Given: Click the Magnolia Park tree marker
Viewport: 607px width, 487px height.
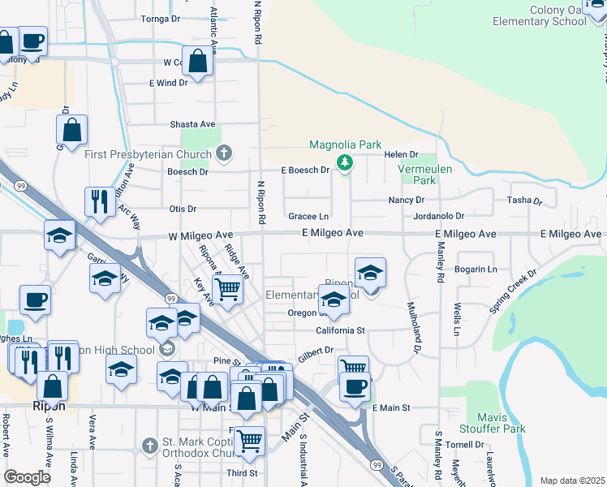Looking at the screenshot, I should click(x=345, y=163).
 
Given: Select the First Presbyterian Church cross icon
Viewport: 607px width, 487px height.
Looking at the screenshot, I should click(x=225, y=153).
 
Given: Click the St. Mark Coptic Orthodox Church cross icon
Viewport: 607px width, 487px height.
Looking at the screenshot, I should click(x=149, y=446).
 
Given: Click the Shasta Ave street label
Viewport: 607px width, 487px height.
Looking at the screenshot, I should click(x=192, y=124).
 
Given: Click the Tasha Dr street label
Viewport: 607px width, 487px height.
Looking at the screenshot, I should click(x=523, y=200).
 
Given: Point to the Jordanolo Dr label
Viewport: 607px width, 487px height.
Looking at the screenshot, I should click(x=437, y=217).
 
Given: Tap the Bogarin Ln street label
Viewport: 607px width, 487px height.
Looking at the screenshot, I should click(x=476, y=269).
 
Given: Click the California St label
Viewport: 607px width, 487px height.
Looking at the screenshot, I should click(x=341, y=330).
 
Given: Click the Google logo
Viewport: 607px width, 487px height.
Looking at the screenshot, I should click(x=27, y=477).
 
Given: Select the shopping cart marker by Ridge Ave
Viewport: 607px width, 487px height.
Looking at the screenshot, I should click(x=228, y=287).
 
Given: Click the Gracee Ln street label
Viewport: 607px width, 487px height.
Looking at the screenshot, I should click(x=308, y=217).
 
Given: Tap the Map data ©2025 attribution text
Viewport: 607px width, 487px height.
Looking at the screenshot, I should click(x=572, y=481).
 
